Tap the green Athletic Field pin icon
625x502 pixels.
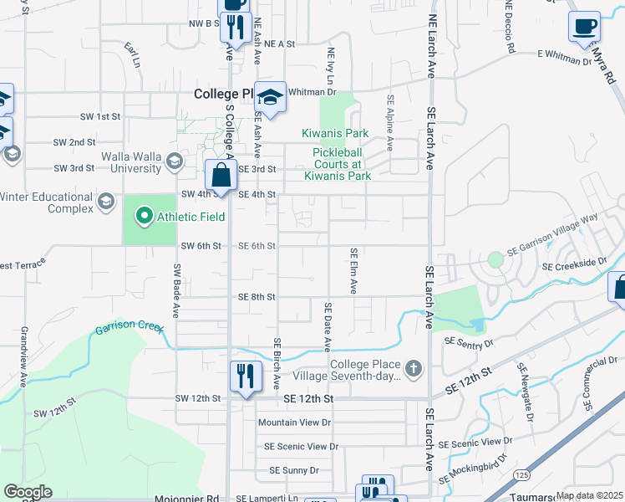coord(145,218)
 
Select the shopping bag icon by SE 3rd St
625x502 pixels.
coord(221,176)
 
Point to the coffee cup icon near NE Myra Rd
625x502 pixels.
coord(585,25)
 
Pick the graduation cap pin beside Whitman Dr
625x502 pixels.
coord(270,97)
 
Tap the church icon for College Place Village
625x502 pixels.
coord(413,369)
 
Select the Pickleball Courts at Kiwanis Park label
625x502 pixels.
coord(342,164)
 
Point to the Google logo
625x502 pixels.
coord(28,492)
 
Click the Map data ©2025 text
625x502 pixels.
coord(588,495)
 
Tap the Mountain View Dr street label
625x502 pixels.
coord(294,423)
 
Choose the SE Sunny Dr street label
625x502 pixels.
coord(293,470)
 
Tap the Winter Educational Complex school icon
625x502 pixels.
coord(106,202)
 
